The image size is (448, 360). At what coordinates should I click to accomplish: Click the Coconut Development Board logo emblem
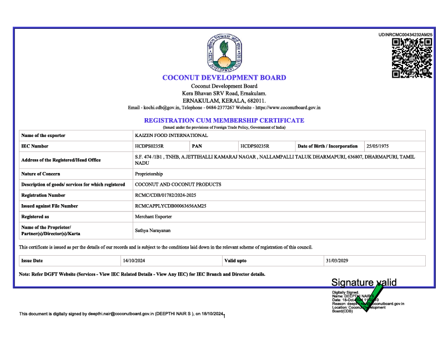click(224, 52)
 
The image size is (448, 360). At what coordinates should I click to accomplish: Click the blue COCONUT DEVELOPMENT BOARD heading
click(224, 78)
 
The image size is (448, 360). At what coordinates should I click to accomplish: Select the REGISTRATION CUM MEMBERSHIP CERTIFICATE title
click(224, 120)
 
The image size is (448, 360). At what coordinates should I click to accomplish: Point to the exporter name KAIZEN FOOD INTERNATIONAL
click(171, 135)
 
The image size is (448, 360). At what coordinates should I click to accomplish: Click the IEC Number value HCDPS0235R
click(149, 146)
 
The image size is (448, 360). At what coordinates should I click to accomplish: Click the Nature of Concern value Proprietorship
click(149, 174)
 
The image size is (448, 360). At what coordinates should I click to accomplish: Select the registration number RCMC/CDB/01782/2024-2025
click(165, 195)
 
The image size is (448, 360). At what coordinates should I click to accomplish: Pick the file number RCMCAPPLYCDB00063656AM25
click(170, 206)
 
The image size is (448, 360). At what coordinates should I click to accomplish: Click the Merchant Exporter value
click(153, 216)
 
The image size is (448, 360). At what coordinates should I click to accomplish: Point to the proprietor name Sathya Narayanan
click(153, 230)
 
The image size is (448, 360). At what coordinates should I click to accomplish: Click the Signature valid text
click(364, 282)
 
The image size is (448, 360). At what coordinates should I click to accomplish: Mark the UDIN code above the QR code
click(405, 34)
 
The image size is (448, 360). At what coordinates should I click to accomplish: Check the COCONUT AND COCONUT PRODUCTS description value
click(178, 184)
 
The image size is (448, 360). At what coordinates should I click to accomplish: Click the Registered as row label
click(35, 216)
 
